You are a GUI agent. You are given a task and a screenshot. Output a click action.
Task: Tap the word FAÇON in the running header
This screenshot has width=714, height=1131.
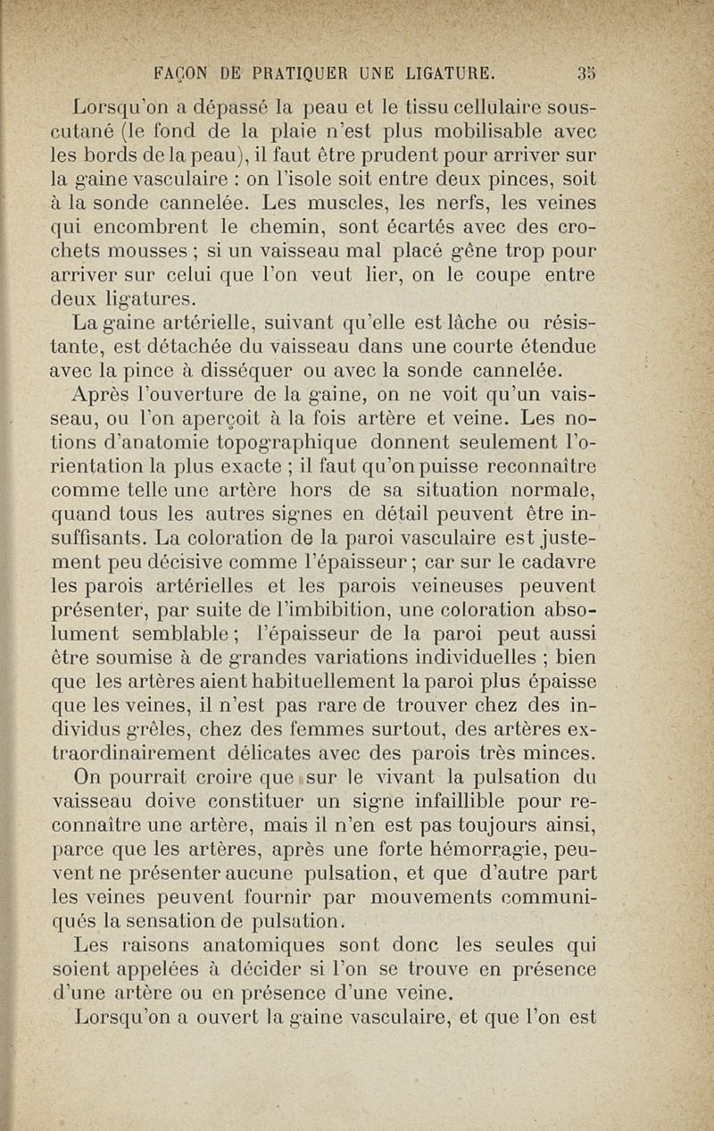184,71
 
